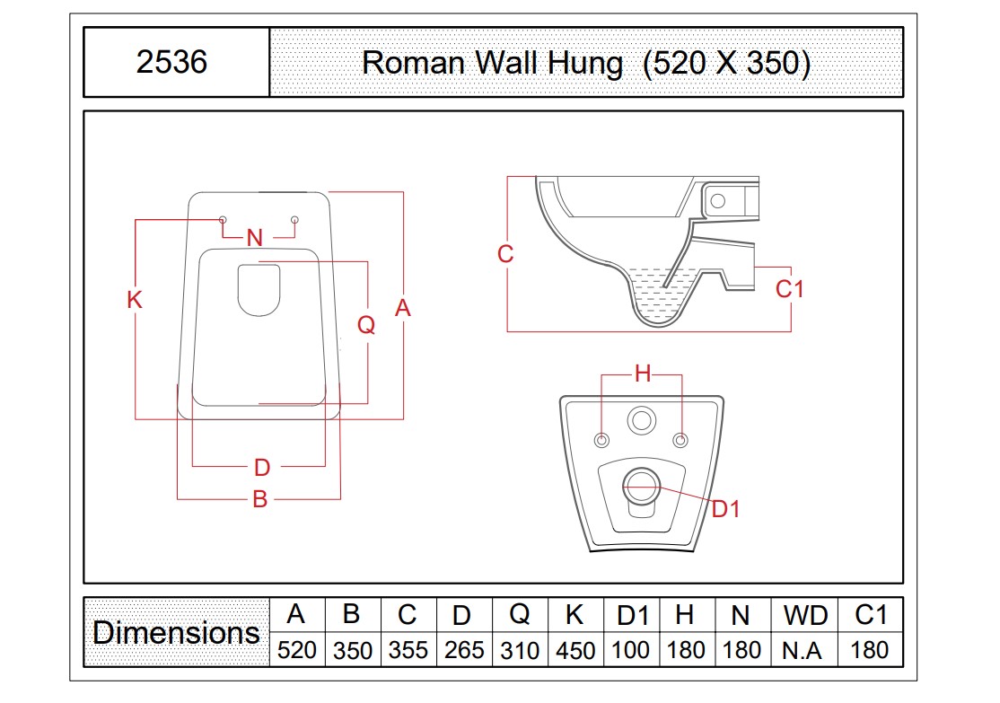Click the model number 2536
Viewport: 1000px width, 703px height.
[171, 62]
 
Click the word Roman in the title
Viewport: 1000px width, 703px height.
[413, 63]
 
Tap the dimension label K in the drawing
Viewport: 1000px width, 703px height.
[134, 300]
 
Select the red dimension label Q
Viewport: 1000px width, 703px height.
[366, 325]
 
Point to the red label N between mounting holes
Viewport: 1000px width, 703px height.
[254, 238]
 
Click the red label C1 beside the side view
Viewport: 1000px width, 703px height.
[790, 289]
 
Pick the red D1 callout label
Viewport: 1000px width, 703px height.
[726, 509]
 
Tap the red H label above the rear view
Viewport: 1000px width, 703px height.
[643, 373]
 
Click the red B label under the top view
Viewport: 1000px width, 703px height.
[259, 499]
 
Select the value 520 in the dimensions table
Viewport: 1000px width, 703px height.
[297, 650]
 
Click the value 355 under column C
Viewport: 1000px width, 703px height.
[408, 650]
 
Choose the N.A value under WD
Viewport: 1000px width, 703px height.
[803, 651]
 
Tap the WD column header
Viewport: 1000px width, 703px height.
[805, 616]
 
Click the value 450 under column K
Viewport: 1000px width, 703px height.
[575, 650]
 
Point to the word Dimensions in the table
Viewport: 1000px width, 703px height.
[176, 633]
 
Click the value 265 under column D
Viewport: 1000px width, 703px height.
[464, 650]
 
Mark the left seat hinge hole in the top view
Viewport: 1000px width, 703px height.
[223, 220]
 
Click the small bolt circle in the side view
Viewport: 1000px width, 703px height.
[718, 201]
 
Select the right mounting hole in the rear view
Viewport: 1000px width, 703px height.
[681, 440]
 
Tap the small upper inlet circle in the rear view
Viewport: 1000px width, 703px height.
[642, 421]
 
